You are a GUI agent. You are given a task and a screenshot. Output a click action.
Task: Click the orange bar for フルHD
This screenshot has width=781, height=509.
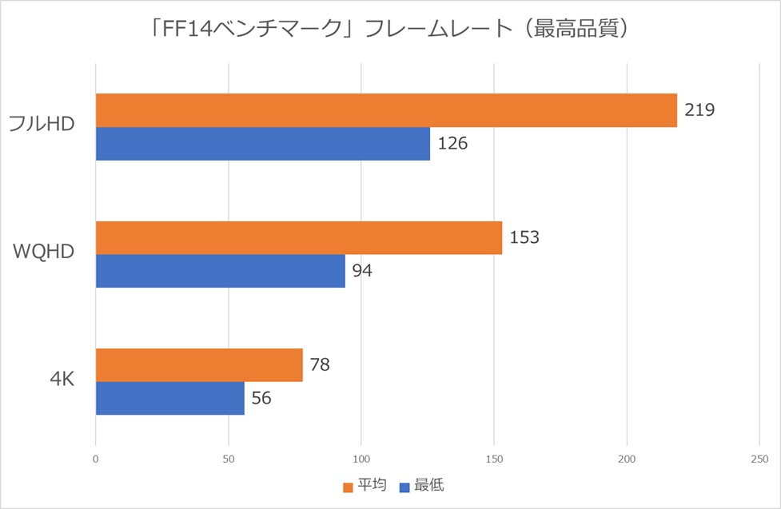pos(386,110)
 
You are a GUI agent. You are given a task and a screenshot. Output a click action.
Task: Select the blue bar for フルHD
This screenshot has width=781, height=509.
pos(263,144)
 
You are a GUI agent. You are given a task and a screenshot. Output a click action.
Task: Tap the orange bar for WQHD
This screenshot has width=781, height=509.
pos(299,237)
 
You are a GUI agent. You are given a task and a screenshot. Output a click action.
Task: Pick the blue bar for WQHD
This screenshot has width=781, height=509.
pos(221,271)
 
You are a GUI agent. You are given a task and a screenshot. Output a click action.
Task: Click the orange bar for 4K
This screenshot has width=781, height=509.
pos(199,365)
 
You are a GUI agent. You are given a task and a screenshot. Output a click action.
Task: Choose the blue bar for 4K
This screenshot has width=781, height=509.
pos(170,398)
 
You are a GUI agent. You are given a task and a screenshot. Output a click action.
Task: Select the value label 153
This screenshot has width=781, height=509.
pos(524,237)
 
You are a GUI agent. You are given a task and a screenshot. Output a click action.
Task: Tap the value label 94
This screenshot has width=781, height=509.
pos(362,271)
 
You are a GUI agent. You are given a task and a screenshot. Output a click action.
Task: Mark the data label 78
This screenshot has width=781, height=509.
pos(320,365)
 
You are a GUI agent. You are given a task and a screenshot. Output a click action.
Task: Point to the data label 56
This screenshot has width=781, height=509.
pos(261,398)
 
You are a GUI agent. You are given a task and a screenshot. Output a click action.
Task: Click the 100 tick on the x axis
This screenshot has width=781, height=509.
pos(361,459)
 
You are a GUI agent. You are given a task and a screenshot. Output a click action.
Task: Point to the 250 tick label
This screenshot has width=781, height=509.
pos(759,459)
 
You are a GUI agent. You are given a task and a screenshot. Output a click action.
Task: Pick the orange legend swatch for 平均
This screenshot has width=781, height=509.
pos(347,486)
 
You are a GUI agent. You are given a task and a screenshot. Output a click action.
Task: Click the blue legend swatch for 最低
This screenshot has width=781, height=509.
pos(404,486)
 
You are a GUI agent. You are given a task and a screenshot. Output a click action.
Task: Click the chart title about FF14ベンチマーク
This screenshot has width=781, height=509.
pos(389,30)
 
